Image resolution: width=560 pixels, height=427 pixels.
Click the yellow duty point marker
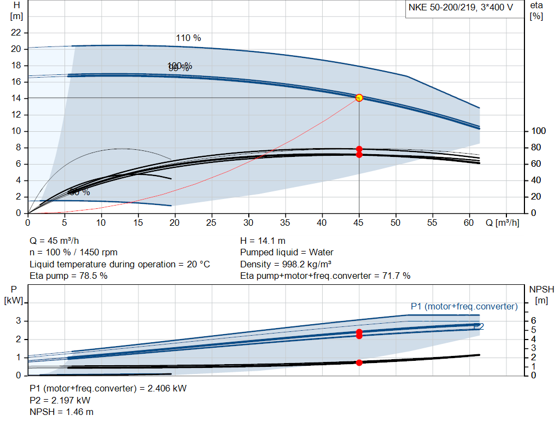pyautogui.click(x=359, y=98)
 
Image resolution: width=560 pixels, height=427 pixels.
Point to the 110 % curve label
pyautogui.click(x=188, y=38)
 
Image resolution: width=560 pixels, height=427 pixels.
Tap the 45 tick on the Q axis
pyautogui.click(x=359, y=223)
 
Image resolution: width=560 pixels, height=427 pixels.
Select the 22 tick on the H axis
pyautogui.click(x=16, y=33)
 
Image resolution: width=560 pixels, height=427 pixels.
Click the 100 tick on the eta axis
pyautogui.click(x=539, y=131)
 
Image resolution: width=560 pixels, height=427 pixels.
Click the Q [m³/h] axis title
pyautogui.click(x=501, y=223)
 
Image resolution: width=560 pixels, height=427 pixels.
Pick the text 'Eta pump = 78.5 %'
pyautogui.click(x=68, y=276)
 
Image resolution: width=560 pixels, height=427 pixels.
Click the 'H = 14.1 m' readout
pyautogui.click(x=262, y=241)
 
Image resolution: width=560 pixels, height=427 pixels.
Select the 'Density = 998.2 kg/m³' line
pyautogui.click(x=288, y=264)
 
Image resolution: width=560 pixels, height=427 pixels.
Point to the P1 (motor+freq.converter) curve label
pyautogui.click(x=464, y=306)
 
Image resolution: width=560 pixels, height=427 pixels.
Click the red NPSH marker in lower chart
pyautogui.click(x=359, y=362)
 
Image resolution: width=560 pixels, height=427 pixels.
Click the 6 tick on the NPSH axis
pyautogui.click(x=533, y=321)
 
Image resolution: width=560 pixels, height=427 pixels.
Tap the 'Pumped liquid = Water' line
pyautogui.click(x=287, y=252)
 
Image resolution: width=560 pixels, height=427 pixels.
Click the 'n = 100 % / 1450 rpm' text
pyautogui.click(x=73, y=252)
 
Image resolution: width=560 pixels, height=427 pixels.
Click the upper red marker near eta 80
pyautogui.click(x=359, y=149)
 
